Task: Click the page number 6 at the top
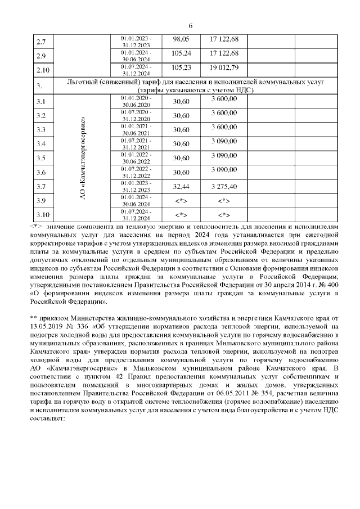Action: click(x=191, y=26)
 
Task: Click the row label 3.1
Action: click(x=41, y=102)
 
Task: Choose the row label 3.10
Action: click(x=43, y=214)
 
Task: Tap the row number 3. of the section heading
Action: click(x=40, y=86)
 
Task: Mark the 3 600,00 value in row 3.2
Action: click(x=224, y=114)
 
